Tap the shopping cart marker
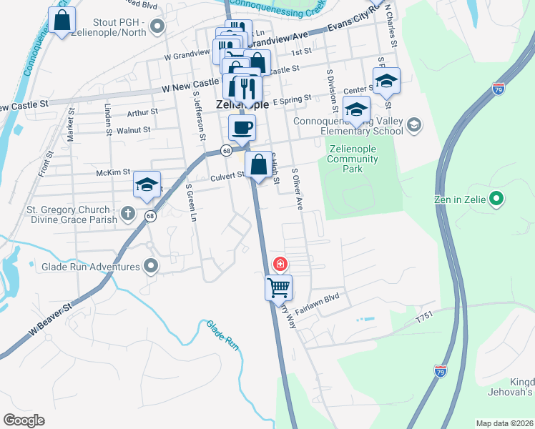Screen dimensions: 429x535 [x=278, y=288]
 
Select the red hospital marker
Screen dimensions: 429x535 [x=280, y=264]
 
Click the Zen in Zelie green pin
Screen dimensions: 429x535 [x=499, y=199]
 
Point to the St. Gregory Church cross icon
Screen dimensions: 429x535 [x=127, y=213]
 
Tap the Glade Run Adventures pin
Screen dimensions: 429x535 [x=150, y=267]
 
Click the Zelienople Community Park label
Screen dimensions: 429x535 [x=352, y=159]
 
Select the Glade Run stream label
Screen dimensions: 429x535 [x=221, y=335]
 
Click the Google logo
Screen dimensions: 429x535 [x=24, y=420]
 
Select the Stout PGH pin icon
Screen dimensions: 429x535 [x=158, y=26]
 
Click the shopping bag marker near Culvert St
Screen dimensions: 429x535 [x=257, y=164]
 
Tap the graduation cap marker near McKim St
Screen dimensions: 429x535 [x=147, y=184]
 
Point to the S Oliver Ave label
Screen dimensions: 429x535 [x=297, y=189]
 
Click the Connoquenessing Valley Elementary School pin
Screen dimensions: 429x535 [x=413, y=126]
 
